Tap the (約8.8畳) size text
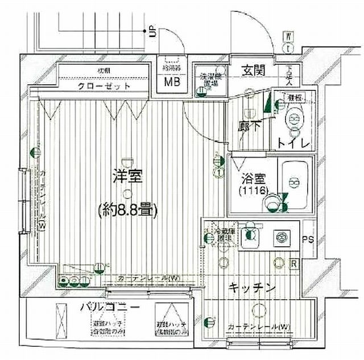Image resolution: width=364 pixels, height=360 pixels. pyautogui.click(x=126, y=208)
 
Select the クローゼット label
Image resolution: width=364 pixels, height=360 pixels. pyautogui.click(x=105, y=86)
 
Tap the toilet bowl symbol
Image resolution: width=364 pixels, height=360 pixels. pyautogui.click(x=294, y=120)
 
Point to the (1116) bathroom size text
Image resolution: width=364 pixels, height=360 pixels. pyautogui.click(x=252, y=191)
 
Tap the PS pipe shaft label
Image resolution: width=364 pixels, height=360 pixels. pyautogui.click(x=308, y=239)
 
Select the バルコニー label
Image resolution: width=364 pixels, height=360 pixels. pyautogui.click(x=109, y=308)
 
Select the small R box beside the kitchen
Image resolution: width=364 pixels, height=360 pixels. pyautogui.click(x=293, y=263)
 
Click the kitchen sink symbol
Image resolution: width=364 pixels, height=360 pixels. pyautogui.click(x=249, y=237)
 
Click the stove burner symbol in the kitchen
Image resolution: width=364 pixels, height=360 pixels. pyautogui.click(x=280, y=237)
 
